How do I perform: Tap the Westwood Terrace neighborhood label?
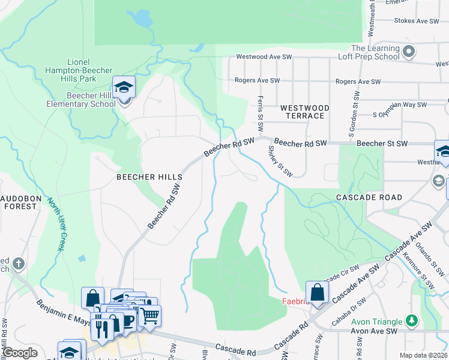(x=305, y=112)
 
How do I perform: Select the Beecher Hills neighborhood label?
(x=149, y=177)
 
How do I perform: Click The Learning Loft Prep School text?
(x=375, y=52)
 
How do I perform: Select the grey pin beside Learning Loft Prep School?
(x=409, y=52)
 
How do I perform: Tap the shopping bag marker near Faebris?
(x=318, y=293)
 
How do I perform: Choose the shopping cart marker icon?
(x=150, y=314)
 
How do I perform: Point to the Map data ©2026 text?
(x=423, y=355)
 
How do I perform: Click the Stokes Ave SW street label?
(x=417, y=20)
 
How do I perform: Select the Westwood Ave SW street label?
(x=264, y=57)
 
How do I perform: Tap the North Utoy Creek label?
(x=56, y=224)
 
